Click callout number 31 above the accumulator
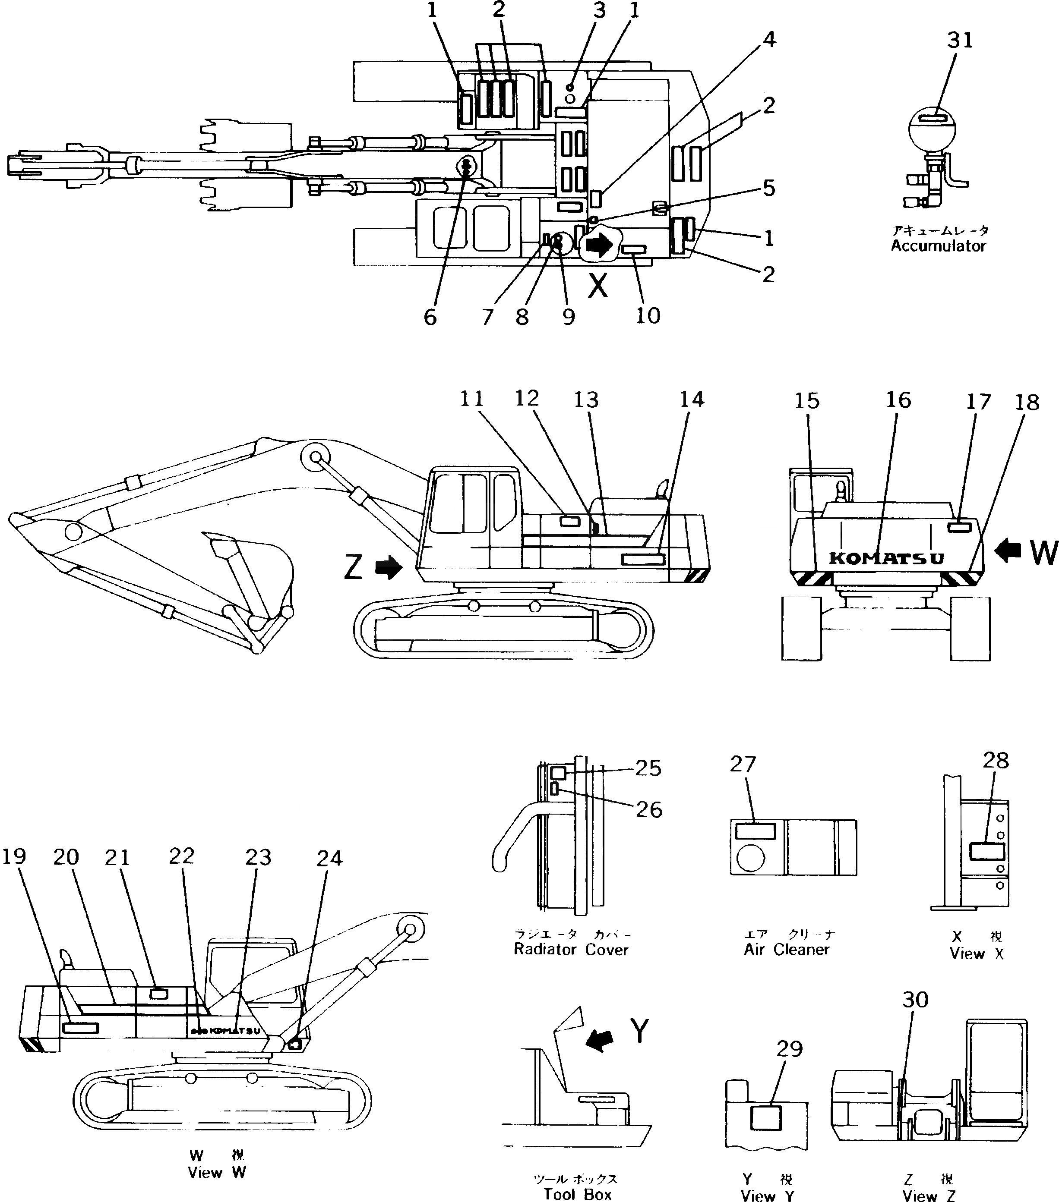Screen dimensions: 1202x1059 960,40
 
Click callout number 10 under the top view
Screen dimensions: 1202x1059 648,316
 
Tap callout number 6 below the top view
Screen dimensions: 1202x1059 430,317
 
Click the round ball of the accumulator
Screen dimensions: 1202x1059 932,128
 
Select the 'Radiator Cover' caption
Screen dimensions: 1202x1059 571,950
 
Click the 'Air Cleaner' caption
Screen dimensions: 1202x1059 786,950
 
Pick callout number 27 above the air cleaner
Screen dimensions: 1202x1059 743,764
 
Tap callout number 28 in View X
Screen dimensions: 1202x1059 996,760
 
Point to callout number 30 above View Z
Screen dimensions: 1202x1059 915,999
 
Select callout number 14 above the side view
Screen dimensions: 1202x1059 692,399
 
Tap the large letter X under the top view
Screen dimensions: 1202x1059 598,286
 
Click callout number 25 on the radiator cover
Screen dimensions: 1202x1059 648,768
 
